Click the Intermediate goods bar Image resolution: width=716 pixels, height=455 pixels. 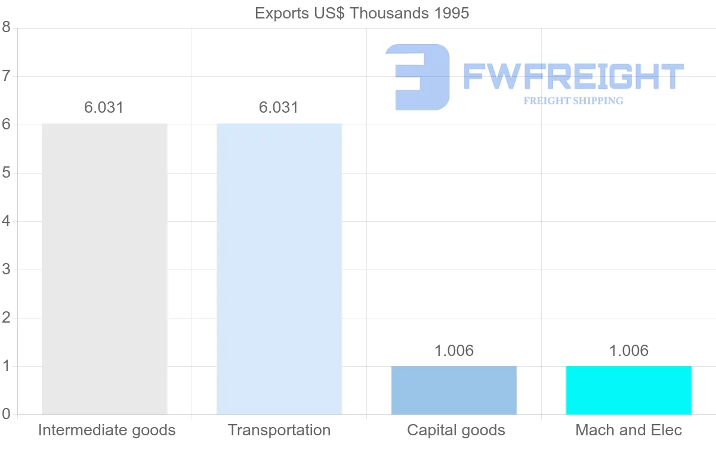(x=104, y=268)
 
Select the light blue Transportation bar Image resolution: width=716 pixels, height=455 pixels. (x=279, y=268)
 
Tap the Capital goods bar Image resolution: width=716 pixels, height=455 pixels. (x=454, y=390)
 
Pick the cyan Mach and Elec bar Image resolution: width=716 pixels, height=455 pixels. (x=628, y=390)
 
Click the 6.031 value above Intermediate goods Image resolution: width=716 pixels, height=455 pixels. (x=104, y=108)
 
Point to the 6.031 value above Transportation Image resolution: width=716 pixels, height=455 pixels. (x=279, y=108)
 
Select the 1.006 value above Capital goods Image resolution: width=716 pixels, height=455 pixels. (x=454, y=351)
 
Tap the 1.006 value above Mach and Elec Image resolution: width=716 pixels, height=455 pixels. (x=628, y=351)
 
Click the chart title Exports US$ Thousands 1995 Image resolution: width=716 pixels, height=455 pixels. (x=362, y=13)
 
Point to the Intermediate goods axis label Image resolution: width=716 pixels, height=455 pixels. (x=107, y=431)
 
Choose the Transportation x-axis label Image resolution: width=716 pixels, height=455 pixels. (x=279, y=431)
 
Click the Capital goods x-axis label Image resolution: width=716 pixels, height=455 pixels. (x=456, y=431)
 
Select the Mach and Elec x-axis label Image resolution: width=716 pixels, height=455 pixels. (x=628, y=431)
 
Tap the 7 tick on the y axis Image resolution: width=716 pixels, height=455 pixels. (x=7, y=76)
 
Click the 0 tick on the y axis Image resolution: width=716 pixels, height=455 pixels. (x=7, y=414)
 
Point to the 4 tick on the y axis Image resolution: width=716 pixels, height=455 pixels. (x=7, y=221)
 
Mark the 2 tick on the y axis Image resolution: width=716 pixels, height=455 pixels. (x=7, y=318)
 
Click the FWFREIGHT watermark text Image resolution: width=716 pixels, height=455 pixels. (x=573, y=76)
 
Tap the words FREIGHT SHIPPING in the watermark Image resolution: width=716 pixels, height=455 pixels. (x=573, y=101)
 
